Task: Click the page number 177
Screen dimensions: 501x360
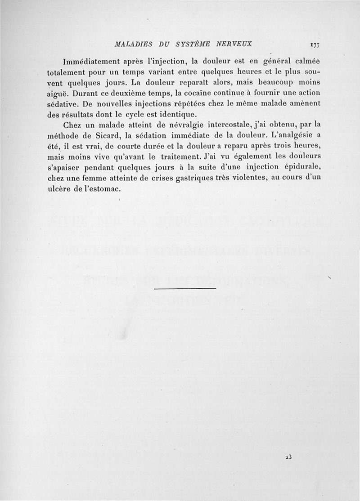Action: [314, 45]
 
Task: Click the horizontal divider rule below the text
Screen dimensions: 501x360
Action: [185, 288]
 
